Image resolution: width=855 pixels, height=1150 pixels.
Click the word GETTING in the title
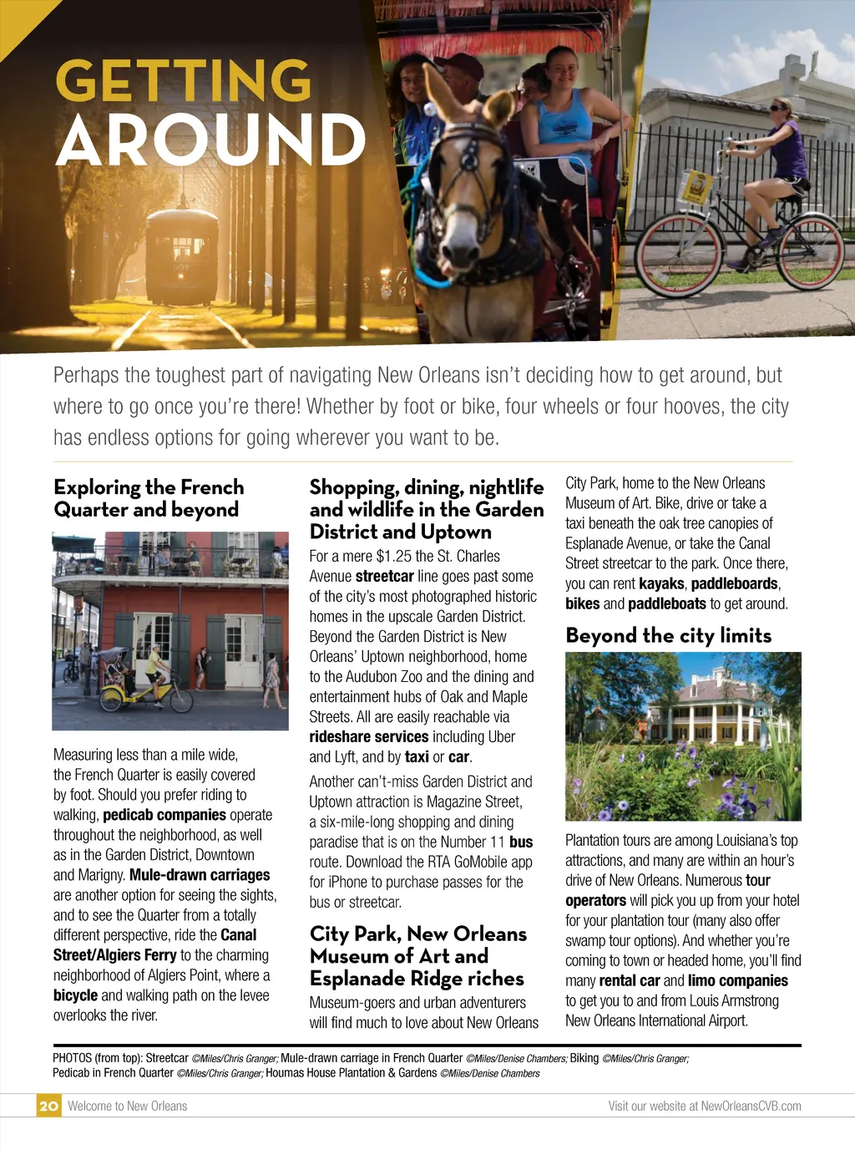click(x=183, y=81)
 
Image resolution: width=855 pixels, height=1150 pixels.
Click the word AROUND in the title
click(x=210, y=140)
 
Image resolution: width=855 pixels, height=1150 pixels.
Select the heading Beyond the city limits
click(x=668, y=636)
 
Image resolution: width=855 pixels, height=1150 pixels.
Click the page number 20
click(x=48, y=1106)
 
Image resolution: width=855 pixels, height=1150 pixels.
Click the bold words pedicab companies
click(x=164, y=815)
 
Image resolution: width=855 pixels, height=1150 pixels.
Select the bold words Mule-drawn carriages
click(x=200, y=875)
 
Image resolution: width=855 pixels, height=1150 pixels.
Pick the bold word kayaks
click(x=661, y=583)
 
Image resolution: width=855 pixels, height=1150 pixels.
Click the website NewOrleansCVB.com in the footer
click(x=751, y=1106)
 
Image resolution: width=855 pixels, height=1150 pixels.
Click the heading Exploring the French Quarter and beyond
click(x=149, y=498)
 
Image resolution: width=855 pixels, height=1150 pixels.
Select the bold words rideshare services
click(x=368, y=737)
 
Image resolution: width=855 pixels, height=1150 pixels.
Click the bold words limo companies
click(x=738, y=981)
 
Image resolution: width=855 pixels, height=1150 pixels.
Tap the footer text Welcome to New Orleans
click(x=127, y=1106)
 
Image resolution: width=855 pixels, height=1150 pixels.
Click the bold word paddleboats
click(x=666, y=603)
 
